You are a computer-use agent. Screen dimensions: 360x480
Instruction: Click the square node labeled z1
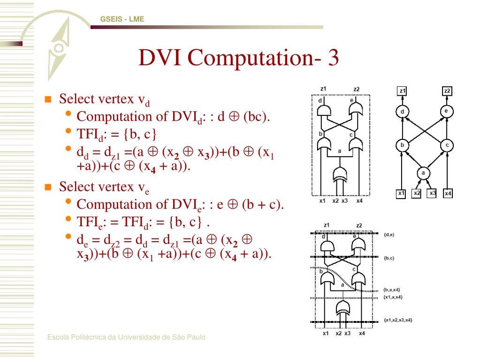click(402, 91)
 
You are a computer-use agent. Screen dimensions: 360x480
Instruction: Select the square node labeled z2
click(447, 91)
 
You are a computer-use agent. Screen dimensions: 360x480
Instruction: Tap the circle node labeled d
click(402, 112)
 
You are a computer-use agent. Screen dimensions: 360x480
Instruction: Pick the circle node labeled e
click(447, 111)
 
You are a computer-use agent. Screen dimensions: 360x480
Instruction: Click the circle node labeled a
click(423, 174)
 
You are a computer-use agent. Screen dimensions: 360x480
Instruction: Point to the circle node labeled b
click(402, 146)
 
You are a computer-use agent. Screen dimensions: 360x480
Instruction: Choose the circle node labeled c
click(447, 146)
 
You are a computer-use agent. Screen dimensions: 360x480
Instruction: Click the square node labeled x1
click(401, 193)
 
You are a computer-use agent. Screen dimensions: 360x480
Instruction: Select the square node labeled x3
click(432, 193)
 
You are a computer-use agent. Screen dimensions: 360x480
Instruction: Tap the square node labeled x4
click(447, 193)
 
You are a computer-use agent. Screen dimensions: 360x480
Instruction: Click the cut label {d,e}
click(389, 234)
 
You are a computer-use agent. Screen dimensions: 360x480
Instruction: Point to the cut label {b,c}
click(389, 258)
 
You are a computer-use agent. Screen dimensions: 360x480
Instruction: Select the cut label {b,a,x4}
click(391, 290)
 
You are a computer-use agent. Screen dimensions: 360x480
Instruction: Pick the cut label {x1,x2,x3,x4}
click(397, 320)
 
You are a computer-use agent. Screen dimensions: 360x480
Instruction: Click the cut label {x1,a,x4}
click(393, 297)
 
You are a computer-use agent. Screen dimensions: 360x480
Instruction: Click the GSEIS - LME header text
click(122, 19)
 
